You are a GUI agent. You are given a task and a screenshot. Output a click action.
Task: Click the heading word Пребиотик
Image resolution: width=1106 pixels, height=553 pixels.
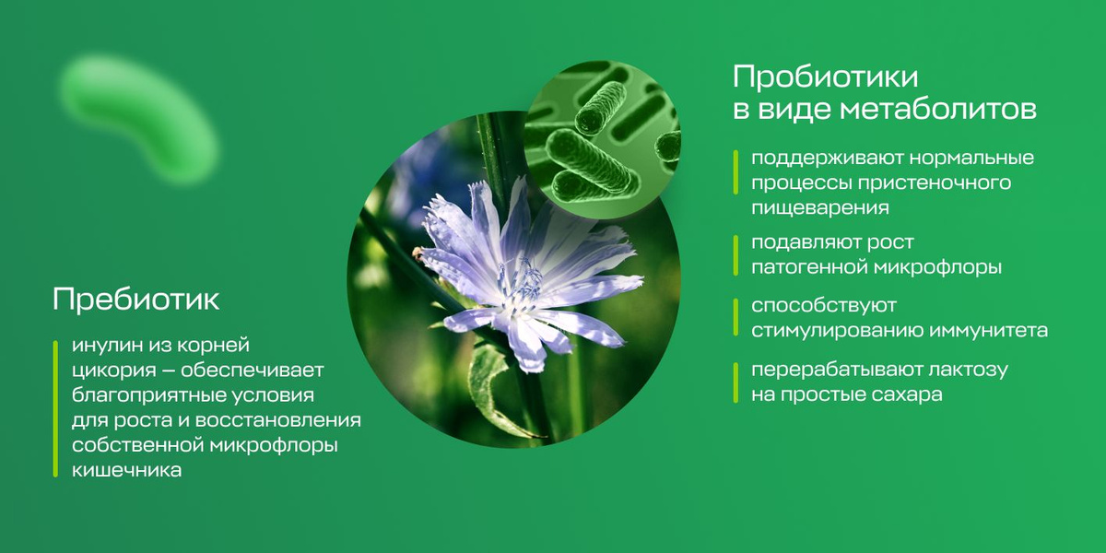pyautogui.click(x=135, y=300)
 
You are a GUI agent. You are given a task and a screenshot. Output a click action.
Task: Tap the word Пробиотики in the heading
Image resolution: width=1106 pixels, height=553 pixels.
pyautogui.click(x=826, y=77)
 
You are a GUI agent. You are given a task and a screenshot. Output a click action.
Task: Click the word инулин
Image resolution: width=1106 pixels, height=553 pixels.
pyautogui.click(x=107, y=345)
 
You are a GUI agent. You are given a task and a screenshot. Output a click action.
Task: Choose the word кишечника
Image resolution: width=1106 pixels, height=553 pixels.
pyautogui.click(x=127, y=470)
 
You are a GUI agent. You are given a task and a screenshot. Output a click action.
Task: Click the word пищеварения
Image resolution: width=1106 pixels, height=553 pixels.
pyautogui.click(x=820, y=208)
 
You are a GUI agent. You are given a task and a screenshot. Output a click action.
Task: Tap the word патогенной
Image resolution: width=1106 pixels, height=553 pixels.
pyautogui.click(x=809, y=267)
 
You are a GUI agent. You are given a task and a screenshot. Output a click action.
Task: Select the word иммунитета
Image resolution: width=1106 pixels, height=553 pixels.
pyautogui.click(x=988, y=330)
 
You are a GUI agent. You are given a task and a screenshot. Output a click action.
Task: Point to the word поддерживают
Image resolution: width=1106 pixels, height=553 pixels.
pyautogui.click(x=827, y=159)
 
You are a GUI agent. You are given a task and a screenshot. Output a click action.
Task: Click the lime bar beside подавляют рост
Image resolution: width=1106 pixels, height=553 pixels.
pyautogui.click(x=735, y=255)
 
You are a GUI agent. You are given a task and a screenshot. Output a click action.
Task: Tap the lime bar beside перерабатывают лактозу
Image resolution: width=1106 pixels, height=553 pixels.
pyautogui.click(x=735, y=382)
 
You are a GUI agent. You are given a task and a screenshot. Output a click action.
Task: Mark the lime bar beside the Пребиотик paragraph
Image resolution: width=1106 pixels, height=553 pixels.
pyautogui.click(x=56, y=409)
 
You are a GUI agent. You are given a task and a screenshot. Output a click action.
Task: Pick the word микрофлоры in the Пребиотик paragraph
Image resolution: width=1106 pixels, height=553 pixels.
pyautogui.click(x=274, y=445)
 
